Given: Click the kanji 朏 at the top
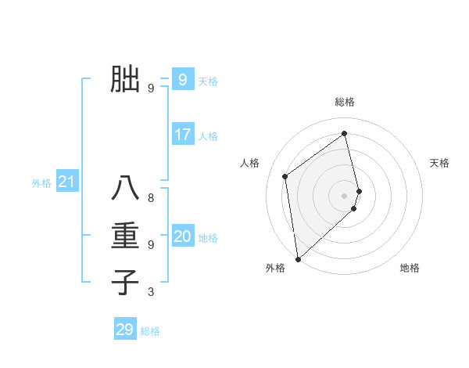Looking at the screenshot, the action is coord(125,80).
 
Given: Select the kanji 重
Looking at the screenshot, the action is coord(125,236).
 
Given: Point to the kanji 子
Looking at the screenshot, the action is coord(125,281).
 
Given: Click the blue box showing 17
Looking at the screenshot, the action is coord(182,135).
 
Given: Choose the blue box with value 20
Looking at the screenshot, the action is coord(182,236).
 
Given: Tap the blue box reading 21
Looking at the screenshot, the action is coord(66,182).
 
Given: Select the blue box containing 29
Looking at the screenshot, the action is coord(125,330).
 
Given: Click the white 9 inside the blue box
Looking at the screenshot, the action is coord(182,79).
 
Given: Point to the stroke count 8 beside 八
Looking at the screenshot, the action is coord(151,198).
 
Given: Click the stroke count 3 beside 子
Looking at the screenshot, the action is coord(151,292).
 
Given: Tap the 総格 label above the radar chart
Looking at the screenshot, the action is coord(345,102).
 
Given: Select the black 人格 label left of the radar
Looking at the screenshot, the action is coord(249,163).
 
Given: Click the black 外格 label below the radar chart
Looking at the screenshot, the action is coord(275,268).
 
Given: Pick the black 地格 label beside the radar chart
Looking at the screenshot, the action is coord(410,268).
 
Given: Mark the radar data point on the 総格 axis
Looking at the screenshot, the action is coord(345,133).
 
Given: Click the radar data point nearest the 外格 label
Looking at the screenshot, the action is coord(298,259).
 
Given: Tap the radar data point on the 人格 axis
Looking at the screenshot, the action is coord(285,176).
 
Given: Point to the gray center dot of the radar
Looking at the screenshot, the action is coord(345,195).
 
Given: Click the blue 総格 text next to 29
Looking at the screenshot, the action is coord(150,331).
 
